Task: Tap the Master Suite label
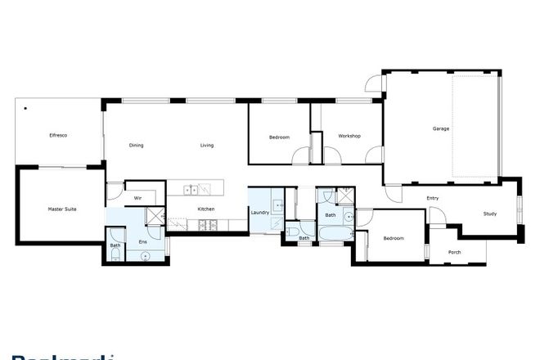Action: point(62,210)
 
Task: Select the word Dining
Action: point(137,146)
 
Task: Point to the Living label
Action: point(207,146)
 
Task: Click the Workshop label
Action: point(349,136)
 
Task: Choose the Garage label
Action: point(441,128)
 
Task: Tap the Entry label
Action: point(434,199)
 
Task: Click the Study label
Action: point(489,214)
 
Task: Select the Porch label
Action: point(455,252)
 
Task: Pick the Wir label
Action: point(139,198)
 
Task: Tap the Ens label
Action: point(142,242)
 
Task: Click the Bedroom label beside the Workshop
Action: point(279,137)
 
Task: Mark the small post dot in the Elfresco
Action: point(25,108)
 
